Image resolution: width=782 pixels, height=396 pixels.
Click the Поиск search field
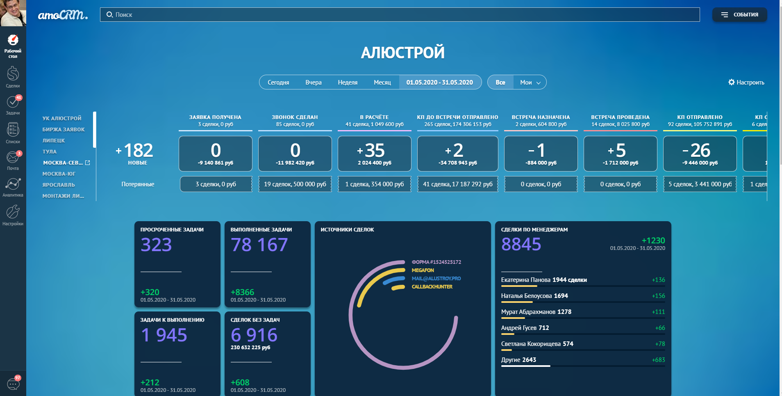400,15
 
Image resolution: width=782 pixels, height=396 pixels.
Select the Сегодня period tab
278,82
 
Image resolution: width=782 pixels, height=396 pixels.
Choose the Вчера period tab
314,82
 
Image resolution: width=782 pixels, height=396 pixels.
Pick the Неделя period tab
348,82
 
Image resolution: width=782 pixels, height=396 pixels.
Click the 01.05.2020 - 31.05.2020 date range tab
440,82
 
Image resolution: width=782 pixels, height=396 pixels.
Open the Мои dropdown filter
530,82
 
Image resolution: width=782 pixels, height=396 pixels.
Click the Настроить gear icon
732,82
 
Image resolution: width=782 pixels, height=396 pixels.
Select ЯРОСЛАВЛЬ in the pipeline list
59,185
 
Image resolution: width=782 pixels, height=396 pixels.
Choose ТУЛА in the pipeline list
50,152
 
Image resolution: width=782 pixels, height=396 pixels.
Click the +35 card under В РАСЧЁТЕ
374,153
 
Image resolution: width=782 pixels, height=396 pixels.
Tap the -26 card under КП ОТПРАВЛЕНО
700,153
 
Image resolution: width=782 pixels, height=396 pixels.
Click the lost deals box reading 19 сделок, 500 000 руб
295,184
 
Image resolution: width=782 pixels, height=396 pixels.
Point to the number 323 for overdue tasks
156,245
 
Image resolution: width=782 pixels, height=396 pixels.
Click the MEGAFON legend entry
423,270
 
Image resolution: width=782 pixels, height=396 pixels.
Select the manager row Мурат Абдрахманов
536,312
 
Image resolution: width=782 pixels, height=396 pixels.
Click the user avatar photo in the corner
13,13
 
